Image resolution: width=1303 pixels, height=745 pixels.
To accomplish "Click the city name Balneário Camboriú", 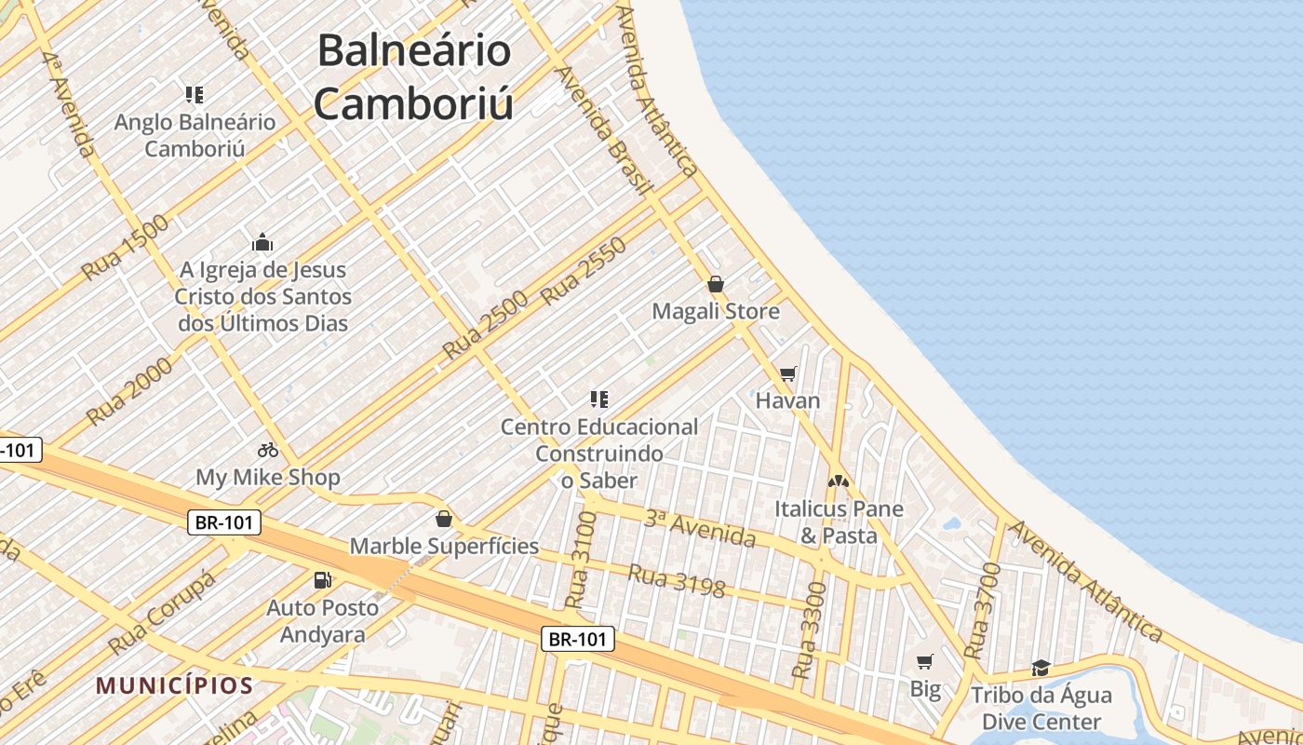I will tap(414, 76).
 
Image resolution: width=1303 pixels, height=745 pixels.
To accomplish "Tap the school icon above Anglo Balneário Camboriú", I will tap(195, 94).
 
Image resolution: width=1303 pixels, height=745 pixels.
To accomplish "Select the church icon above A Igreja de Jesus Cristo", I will tap(262, 243).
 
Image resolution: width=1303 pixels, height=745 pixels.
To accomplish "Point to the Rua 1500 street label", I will tap(126, 248).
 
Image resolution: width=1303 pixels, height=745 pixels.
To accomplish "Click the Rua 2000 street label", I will tap(130, 391).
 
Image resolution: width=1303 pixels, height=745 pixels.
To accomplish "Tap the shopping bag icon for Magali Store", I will tap(716, 284).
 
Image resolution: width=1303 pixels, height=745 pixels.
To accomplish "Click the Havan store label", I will tap(787, 400).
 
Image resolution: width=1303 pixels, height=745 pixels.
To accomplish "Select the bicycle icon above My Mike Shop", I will tap(268, 450).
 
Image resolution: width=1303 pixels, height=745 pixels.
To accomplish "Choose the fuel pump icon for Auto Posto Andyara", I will tap(322, 580).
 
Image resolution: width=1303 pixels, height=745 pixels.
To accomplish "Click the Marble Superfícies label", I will tap(444, 546).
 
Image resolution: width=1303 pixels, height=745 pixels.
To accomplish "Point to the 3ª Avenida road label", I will tap(700, 529).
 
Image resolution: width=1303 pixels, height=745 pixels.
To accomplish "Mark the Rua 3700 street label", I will tap(981, 610).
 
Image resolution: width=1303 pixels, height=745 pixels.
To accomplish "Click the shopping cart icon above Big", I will tap(924, 662).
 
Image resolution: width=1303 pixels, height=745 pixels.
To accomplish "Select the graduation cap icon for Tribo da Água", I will tap(1041, 668).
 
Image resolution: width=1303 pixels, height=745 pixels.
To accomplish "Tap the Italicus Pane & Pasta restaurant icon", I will tap(839, 481).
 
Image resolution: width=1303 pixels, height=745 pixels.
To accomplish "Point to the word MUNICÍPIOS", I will tap(174, 686).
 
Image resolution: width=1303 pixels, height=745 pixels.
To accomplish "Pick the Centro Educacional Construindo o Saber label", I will tap(599, 454).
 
